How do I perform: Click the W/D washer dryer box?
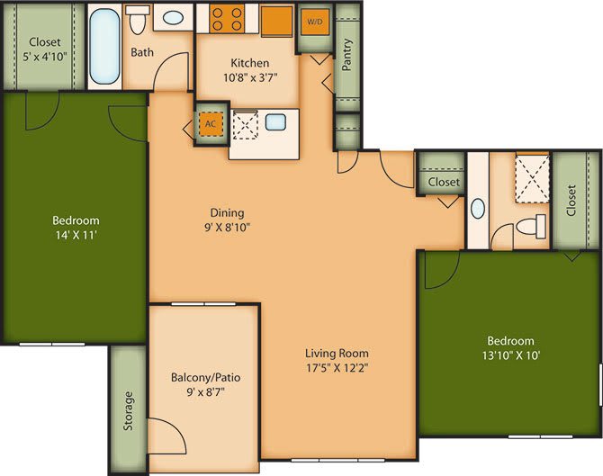tap(314, 22)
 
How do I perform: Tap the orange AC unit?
tap(210, 124)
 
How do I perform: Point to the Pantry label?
tap(347, 53)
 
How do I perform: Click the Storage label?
tap(129, 410)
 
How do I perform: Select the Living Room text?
tap(337, 353)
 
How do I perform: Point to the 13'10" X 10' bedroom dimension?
tap(510, 355)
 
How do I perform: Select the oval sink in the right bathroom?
tap(477, 209)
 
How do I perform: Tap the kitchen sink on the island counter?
tap(275, 123)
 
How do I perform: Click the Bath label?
tap(142, 52)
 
